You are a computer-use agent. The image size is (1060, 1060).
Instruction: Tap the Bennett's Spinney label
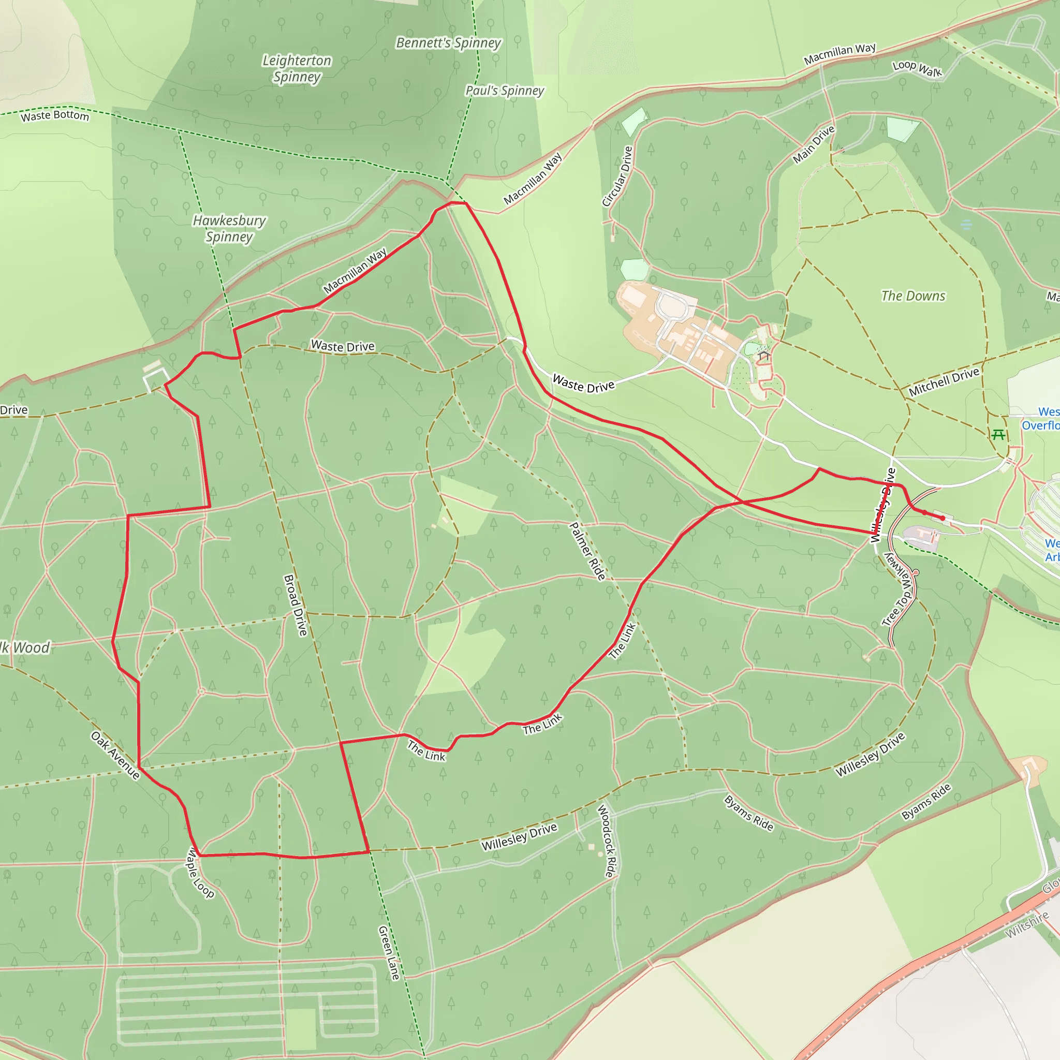click(448, 43)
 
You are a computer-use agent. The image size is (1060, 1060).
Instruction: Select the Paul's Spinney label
click(504, 91)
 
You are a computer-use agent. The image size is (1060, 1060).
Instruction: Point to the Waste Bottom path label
click(55, 116)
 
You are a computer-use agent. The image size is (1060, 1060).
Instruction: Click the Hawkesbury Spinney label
click(229, 228)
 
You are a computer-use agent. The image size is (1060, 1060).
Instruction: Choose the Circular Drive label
click(617, 176)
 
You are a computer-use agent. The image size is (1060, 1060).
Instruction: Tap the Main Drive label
click(814, 144)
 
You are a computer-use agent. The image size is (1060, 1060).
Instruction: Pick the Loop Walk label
click(917, 69)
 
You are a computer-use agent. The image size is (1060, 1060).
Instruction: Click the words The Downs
click(913, 296)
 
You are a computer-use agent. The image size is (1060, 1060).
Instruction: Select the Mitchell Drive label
click(944, 382)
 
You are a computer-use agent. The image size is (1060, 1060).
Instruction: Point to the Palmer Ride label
click(587, 551)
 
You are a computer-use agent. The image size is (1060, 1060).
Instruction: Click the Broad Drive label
click(295, 605)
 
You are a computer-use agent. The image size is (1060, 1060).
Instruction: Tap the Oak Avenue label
click(115, 755)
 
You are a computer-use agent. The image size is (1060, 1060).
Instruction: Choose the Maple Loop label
click(200, 872)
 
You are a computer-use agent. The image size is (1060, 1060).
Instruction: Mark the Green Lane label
click(389, 953)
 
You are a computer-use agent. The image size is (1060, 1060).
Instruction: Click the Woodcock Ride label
click(606, 841)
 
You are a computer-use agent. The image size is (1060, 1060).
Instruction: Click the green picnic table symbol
click(998, 435)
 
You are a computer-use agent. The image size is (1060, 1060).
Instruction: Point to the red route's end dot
click(943, 518)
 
